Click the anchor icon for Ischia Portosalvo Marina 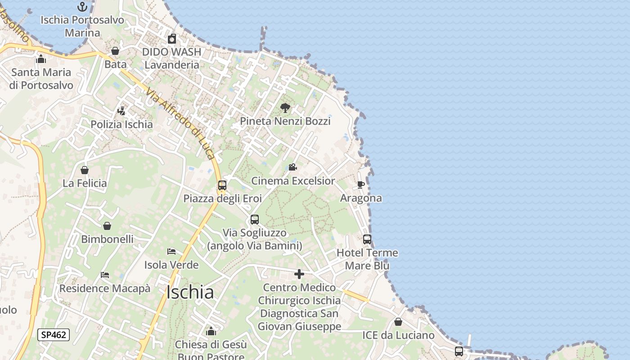tap(82, 7)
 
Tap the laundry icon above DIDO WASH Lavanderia tap(171, 39)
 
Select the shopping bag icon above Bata tap(115, 51)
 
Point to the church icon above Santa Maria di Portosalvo tap(41, 59)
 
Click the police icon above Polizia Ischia tap(121, 111)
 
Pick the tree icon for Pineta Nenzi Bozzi tap(285, 108)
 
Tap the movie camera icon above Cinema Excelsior tap(292, 167)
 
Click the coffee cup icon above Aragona tap(360, 184)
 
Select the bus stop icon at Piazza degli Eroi tap(222, 185)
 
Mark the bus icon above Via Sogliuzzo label tap(255, 220)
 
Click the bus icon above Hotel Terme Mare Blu tap(367, 239)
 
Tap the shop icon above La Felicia tap(85, 170)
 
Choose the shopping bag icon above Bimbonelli tap(107, 226)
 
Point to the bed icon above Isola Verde tap(171, 252)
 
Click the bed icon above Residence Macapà tap(105, 275)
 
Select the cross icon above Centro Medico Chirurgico tap(299, 274)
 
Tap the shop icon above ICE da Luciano tap(398, 322)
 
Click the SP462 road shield tap(53, 334)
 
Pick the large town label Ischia tap(190, 292)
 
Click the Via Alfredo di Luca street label tap(180, 123)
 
